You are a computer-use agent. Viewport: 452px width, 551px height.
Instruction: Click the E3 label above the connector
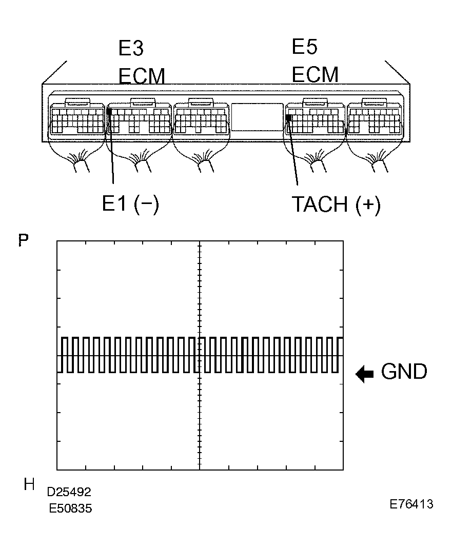pos(131,48)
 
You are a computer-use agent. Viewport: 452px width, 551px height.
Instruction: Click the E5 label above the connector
pos(304,46)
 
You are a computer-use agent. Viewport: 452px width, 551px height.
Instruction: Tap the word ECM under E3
pos(142,76)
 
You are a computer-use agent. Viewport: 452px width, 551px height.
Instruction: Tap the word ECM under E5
pos(315,74)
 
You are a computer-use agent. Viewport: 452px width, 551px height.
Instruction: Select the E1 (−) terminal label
pos(130,204)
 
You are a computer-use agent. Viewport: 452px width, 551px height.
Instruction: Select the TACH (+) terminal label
pos(336,204)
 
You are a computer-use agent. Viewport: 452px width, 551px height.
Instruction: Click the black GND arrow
pos(364,374)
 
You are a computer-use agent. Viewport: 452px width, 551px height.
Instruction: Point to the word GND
pos(404,372)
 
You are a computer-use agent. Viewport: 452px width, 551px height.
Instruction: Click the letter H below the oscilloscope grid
pos(29,484)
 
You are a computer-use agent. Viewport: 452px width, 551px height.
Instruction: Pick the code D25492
pos(69,492)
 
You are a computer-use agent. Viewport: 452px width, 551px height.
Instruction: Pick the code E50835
pos(70,508)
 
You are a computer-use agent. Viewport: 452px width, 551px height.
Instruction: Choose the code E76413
pos(411,504)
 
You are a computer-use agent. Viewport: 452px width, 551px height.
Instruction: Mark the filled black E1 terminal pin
pos(109,112)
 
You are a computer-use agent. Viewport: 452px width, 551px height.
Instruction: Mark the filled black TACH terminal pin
pos(288,117)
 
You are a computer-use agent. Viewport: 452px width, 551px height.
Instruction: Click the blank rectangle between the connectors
pos(257,117)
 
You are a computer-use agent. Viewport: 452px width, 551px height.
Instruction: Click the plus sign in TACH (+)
pos(368,204)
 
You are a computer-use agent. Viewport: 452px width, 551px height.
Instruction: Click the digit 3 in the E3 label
pos(137,48)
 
